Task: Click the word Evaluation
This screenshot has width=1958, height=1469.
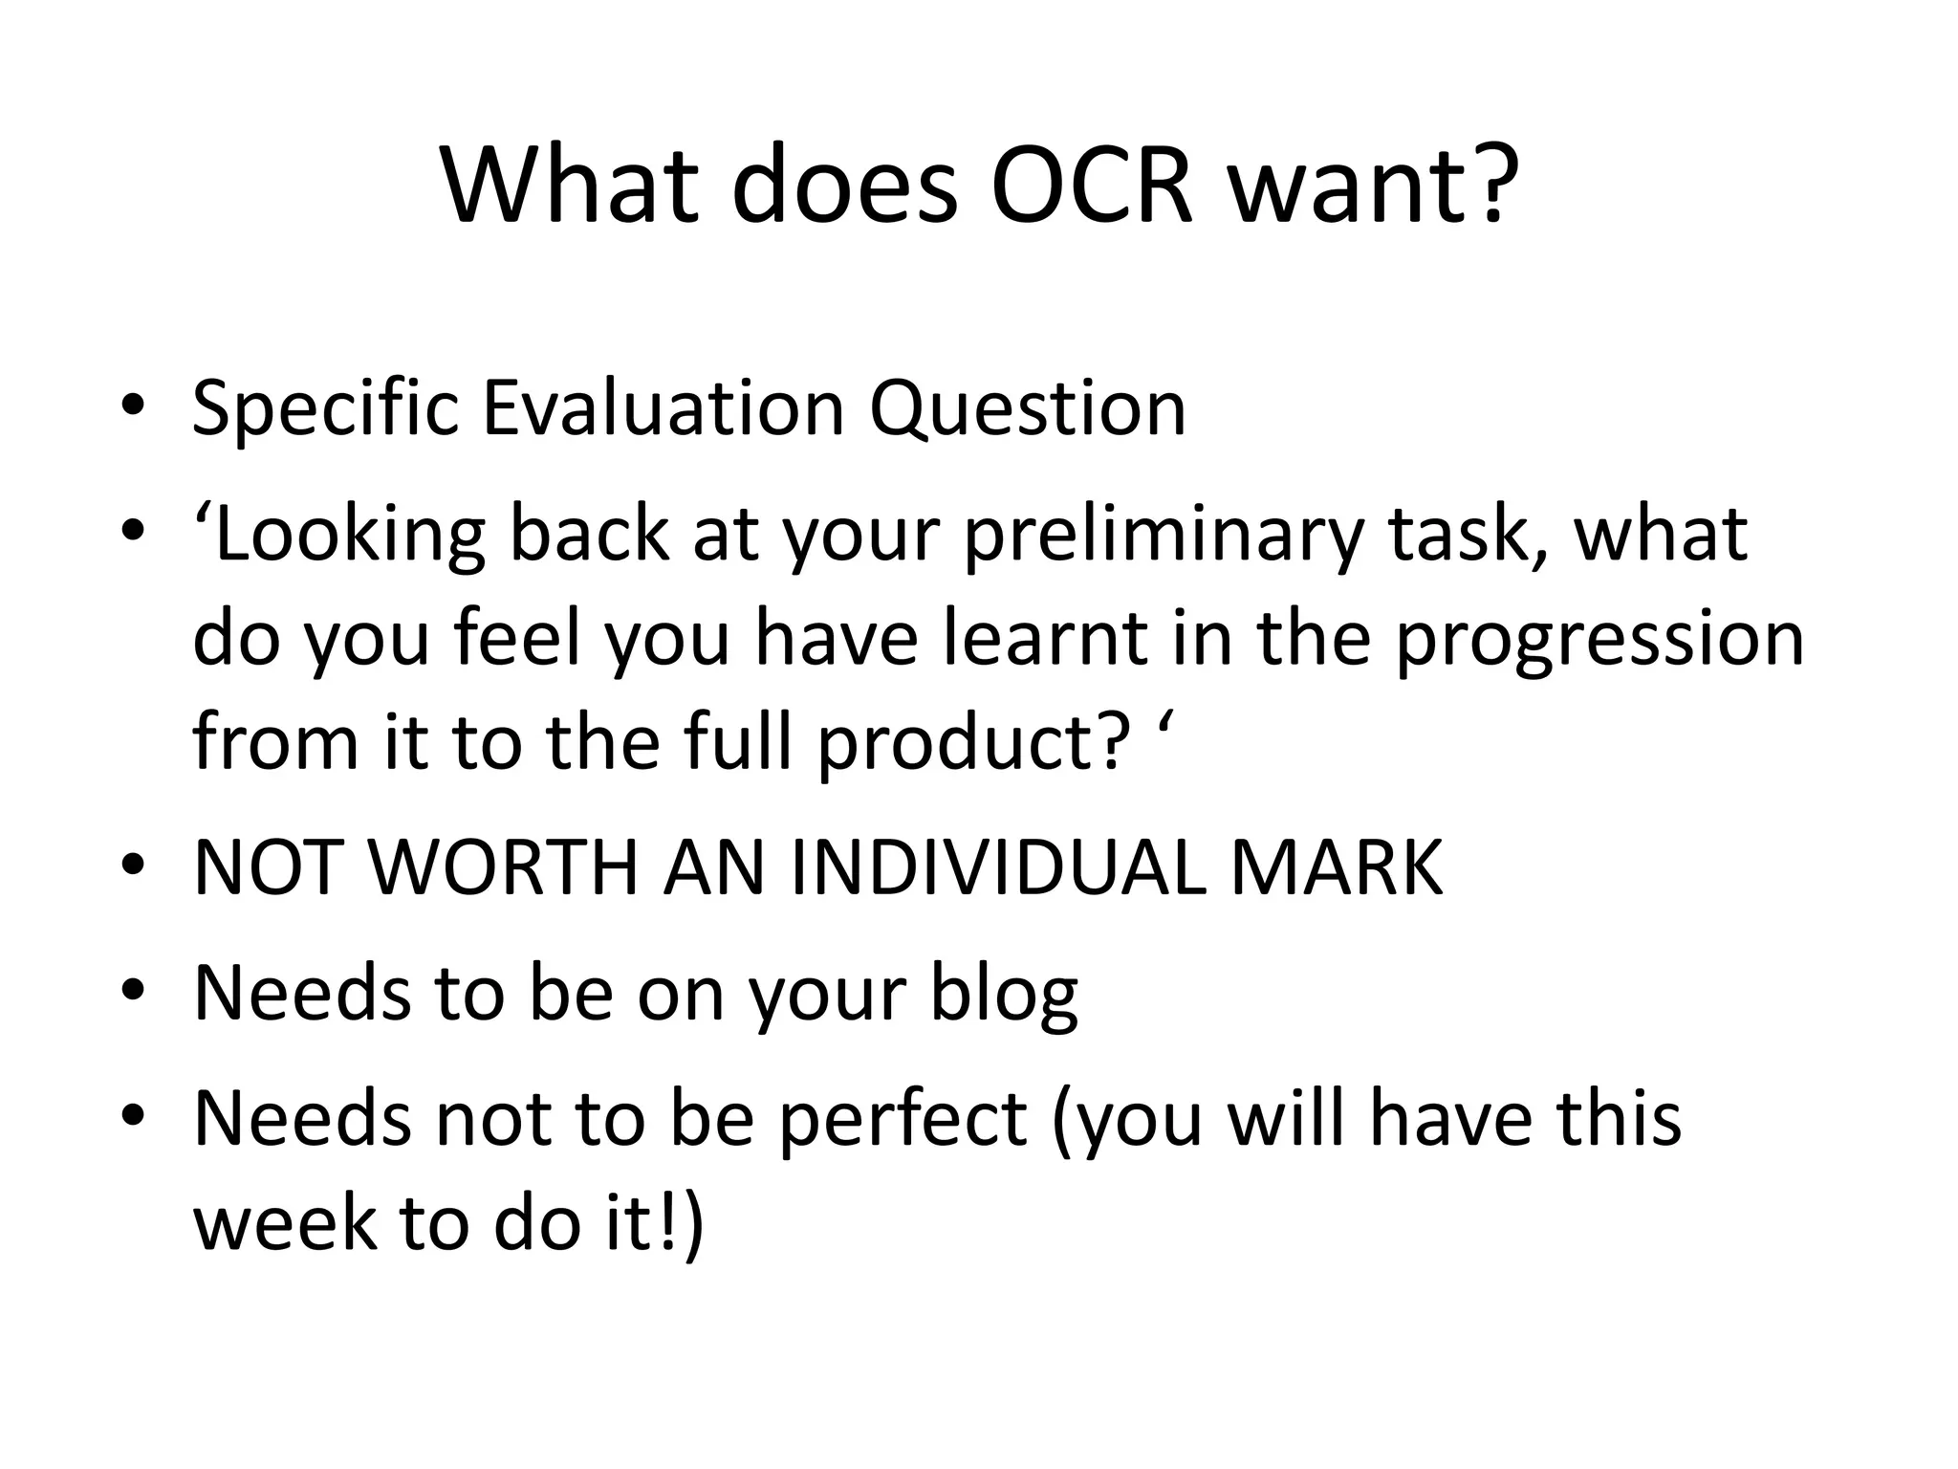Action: [x=663, y=408]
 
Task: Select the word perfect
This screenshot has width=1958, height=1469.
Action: [x=902, y=1121]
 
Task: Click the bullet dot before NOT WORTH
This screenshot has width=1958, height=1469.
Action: [x=133, y=866]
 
